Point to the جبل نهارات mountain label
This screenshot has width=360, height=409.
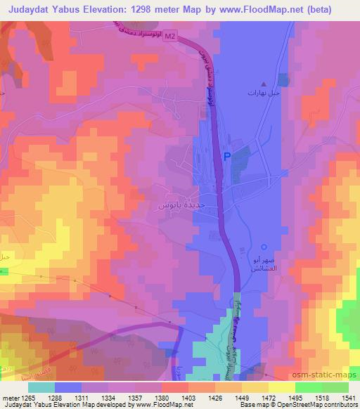[264, 93]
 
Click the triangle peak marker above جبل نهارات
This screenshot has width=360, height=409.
[264, 83]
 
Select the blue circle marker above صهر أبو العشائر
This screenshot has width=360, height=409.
[264, 247]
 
